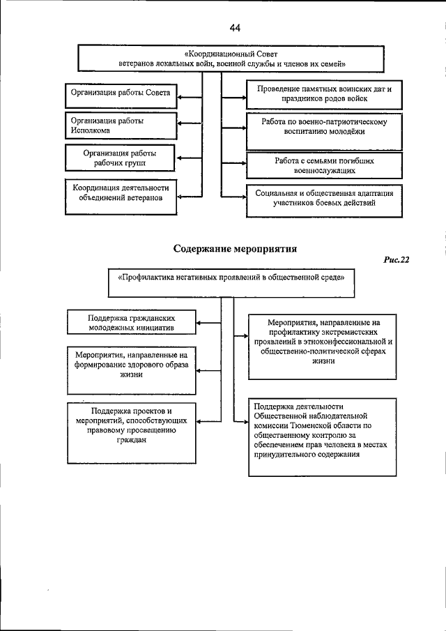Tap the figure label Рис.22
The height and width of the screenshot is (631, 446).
396,260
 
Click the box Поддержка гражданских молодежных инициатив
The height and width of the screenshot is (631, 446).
130,321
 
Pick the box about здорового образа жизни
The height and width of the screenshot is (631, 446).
130,365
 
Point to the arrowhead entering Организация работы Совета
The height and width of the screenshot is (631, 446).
178,93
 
